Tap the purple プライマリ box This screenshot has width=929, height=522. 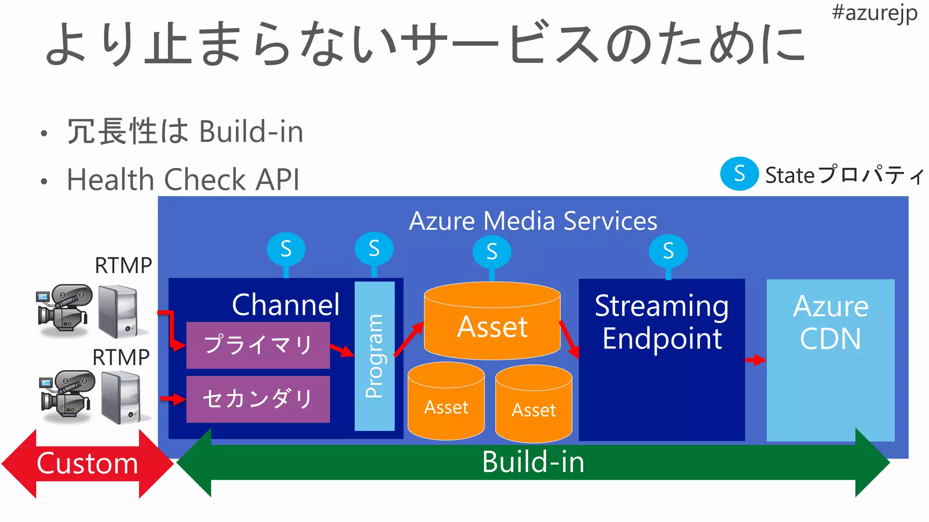point(258,345)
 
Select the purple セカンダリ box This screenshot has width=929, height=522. point(258,399)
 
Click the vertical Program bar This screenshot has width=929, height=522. point(374,356)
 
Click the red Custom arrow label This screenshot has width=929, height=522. point(87,464)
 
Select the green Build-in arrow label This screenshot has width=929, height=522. point(533,462)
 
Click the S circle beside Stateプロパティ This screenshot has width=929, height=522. point(739,174)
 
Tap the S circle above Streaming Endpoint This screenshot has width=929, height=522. point(668,251)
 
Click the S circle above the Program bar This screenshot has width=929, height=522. point(374,248)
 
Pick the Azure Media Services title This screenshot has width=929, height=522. point(533,221)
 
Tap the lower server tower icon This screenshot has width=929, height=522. point(120,397)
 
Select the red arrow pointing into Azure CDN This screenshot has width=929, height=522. point(755,360)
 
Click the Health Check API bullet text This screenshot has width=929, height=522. point(183,179)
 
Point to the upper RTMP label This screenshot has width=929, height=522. point(123,266)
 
